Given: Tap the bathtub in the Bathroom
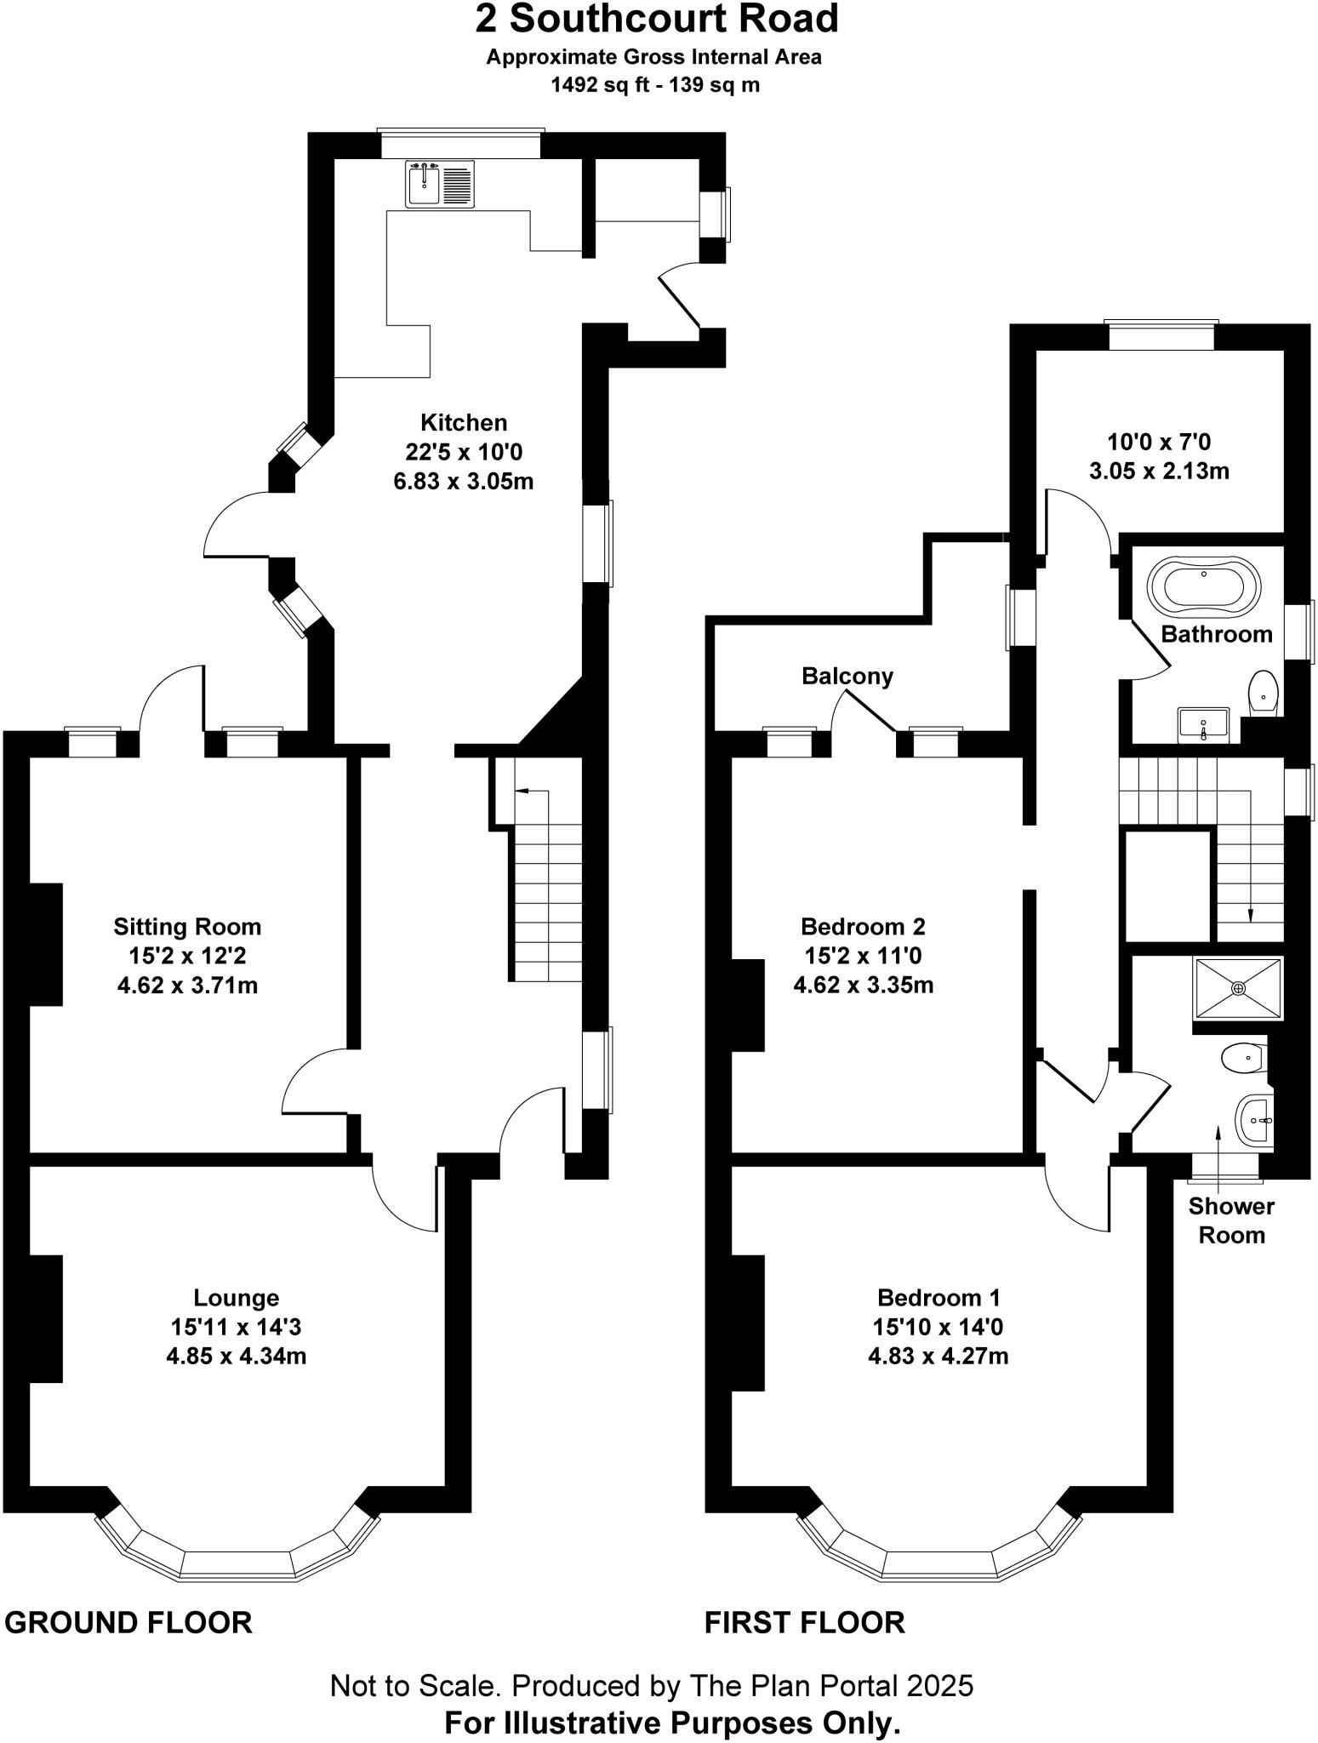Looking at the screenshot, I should [1203, 586].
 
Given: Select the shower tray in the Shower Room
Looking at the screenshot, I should [1238, 987].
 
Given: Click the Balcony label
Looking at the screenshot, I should [847, 677].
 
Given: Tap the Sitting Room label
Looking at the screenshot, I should [187, 926].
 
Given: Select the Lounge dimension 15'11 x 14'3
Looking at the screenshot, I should [236, 1327].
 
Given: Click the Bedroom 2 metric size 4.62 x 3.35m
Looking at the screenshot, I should [863, 986].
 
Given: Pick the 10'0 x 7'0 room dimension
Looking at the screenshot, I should [1158, 442].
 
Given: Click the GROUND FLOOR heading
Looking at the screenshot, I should [128, 1623].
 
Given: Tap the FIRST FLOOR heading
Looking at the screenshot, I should [804, 1623].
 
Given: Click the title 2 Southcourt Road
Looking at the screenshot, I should [657, 19].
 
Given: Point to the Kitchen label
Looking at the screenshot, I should [464, 422].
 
